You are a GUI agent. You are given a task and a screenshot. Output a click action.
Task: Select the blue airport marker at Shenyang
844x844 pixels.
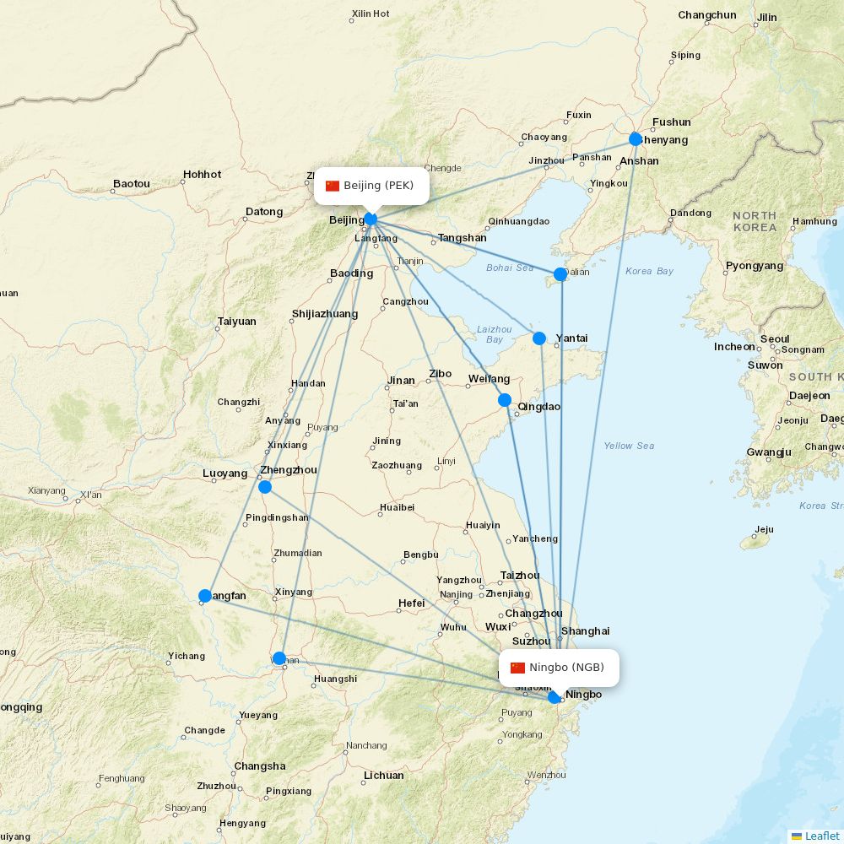click(636, 139)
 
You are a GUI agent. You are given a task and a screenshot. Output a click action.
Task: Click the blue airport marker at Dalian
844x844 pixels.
click(560, 274)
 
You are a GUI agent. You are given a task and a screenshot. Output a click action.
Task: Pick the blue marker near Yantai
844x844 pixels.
click(539, 338)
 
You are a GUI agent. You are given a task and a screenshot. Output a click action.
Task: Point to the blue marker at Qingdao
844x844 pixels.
click(505, 400)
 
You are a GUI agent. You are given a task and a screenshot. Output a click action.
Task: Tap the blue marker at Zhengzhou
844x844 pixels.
click(265, 487)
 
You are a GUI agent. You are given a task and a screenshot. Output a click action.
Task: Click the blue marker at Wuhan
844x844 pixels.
click(279, 658)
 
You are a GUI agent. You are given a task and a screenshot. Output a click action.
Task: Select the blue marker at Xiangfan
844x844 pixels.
click(204, 596)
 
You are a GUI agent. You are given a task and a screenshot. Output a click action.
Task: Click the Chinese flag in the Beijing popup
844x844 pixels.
click(333, 186)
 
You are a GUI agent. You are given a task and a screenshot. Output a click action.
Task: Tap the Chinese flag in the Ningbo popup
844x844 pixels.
click(517, 668)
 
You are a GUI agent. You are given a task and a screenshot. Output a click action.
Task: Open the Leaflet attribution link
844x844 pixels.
click(822, 836)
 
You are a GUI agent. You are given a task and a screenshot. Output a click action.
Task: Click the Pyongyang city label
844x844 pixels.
click(755, 266)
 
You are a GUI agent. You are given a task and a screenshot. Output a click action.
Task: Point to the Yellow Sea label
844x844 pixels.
click(629, 446)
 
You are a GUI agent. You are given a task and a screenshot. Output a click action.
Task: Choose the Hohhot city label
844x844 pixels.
click(203, 175)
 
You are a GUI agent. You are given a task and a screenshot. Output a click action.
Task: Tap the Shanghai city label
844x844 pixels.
click(586, 631)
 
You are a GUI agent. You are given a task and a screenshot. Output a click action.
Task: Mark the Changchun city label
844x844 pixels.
click(707, 15)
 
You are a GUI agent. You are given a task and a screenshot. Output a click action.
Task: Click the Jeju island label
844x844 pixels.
click(764, 530)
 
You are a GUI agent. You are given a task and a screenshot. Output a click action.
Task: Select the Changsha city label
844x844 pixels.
click(260, 766)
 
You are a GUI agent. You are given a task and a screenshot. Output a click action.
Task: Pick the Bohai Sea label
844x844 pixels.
click(510, 268)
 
